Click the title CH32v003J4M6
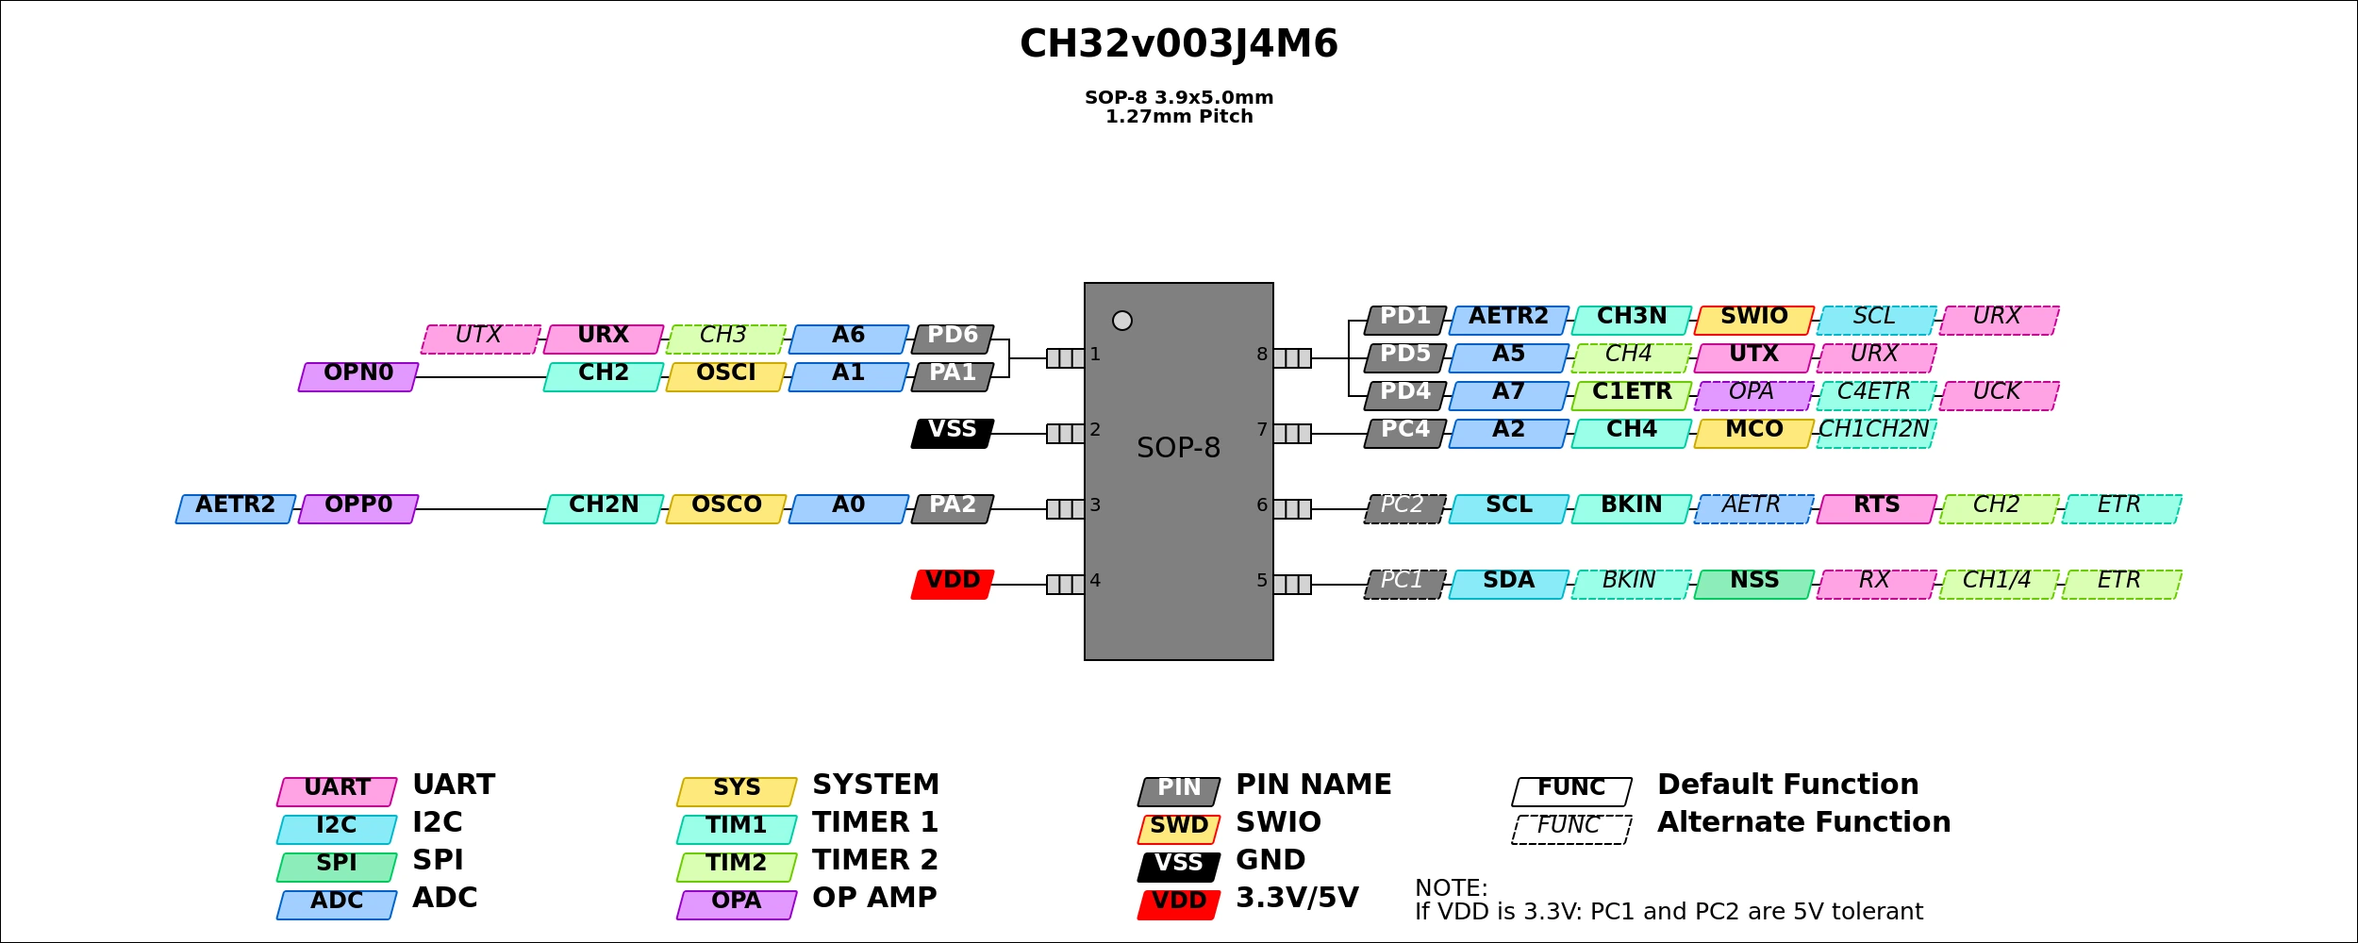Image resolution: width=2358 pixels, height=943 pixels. pos(1179,44)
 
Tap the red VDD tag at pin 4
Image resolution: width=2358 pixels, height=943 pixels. pos(953,585)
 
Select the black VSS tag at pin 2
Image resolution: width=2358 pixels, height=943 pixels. pos(953,434)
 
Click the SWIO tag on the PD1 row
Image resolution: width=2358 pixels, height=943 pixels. pos(1753,321)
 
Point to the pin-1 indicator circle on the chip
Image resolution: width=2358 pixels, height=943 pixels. pos(1122,321)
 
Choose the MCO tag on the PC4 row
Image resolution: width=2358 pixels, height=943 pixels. pos(1753,434)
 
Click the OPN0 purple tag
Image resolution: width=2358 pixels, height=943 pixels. pos(358,377)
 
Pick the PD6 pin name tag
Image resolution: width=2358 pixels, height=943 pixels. pos(953,339)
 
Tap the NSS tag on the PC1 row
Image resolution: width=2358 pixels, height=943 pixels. pos(1753,585)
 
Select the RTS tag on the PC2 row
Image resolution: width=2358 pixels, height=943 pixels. pos(1876,509)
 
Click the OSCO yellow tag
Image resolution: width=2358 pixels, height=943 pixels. pos(726,509)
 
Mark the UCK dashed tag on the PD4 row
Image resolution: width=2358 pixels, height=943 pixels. pos(1999,396)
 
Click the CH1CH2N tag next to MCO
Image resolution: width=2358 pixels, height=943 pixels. pos(1875,434)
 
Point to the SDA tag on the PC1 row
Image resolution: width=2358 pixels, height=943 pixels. pos(1508,585)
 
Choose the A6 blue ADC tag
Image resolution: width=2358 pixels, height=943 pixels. pos(849,339)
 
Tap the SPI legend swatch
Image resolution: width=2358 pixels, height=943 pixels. pos(337,868)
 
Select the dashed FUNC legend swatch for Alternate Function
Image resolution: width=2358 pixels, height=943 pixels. pos(1571,830)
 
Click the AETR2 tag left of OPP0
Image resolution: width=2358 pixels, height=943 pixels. pos(236,509)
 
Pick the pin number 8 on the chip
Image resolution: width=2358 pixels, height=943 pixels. pos(1262,355)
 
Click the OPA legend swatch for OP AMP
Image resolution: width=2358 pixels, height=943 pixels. pos(737,905)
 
